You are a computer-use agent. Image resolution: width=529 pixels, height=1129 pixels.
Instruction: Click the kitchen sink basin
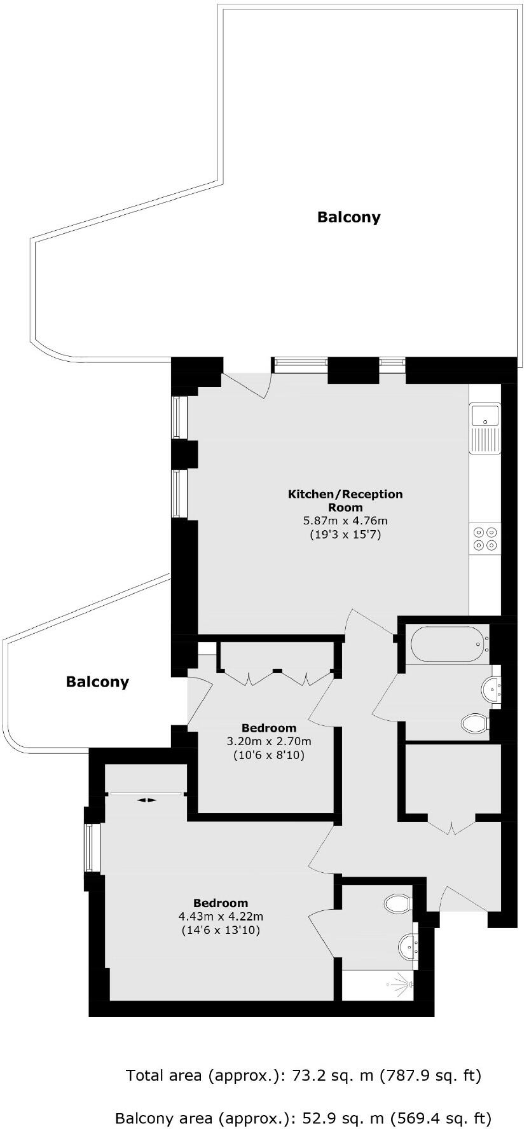[484, 416]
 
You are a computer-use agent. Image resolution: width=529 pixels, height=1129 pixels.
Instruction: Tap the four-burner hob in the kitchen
[485, 538]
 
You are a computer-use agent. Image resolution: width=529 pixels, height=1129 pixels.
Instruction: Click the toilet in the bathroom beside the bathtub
[474, 723]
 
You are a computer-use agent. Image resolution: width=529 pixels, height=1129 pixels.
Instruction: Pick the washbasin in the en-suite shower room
[408, 947]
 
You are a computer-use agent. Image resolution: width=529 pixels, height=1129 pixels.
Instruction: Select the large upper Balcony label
[349, 217]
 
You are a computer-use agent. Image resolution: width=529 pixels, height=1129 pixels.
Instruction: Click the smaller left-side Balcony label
[97, 682]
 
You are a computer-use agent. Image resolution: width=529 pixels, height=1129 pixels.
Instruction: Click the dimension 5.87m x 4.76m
[345, 521]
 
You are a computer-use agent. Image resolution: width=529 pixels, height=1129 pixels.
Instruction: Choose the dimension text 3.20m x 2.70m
[269, 741]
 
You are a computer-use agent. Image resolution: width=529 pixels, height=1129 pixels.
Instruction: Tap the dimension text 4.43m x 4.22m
[221, 917]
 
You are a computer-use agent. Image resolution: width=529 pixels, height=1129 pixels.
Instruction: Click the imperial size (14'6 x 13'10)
[221, 930]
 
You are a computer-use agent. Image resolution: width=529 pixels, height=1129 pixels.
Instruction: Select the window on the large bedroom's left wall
[93, 848]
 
